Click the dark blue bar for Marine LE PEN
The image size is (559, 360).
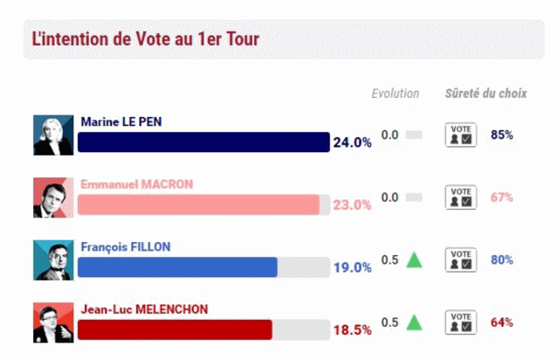(x=203, y=142)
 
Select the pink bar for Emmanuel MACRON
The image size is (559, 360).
(x=198, y=204)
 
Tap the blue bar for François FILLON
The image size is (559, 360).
(x=177, y=267)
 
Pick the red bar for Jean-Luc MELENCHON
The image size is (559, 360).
(x=175, y=329)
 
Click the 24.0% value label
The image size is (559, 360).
(x=352, y=142)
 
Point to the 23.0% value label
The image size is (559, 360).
(x=352, y=205)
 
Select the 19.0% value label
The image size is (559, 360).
(x=352, y=267)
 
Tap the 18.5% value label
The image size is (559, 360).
(x=352, y=330)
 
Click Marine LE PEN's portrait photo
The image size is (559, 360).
(x=54, y=135)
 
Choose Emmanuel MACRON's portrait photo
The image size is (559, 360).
(x=54, y=197)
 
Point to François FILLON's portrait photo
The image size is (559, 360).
(x=54, y=260)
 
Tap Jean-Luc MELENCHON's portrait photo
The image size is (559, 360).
(x=54, y=322)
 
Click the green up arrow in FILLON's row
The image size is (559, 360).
(x=414, y=260)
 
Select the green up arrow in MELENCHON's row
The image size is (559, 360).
(x=414, y=322)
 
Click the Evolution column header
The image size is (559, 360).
(x=395, y=93)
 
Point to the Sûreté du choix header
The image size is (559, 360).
(x=486, y=93)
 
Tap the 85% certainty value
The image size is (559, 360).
(x=501, y=135)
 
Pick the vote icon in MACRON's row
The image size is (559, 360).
(x=461, y=197)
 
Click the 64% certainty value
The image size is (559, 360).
(x=501, y=322)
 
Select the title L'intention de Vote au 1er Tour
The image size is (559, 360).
(x=145, y=39)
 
